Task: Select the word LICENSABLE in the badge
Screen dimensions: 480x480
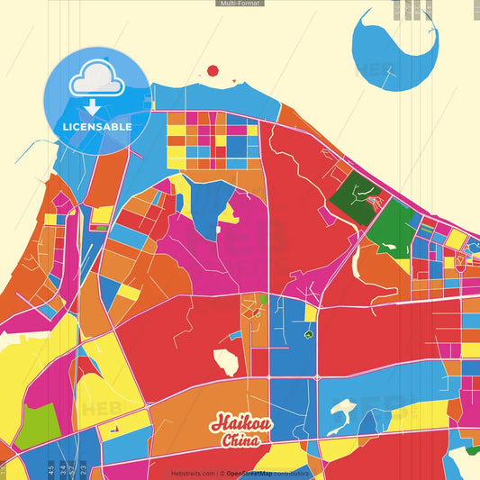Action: (x=97, y=127)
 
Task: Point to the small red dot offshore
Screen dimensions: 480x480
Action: (x=213, y=70)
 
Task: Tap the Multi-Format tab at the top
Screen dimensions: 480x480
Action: (x=240, y=4)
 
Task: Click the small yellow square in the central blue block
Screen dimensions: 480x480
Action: (x=310, y=313)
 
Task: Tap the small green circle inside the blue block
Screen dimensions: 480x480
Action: (x=308, y=335)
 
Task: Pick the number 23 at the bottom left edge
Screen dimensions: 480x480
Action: (x=83, y=468)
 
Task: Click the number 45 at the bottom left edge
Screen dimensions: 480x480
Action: (x=51, y=468)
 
